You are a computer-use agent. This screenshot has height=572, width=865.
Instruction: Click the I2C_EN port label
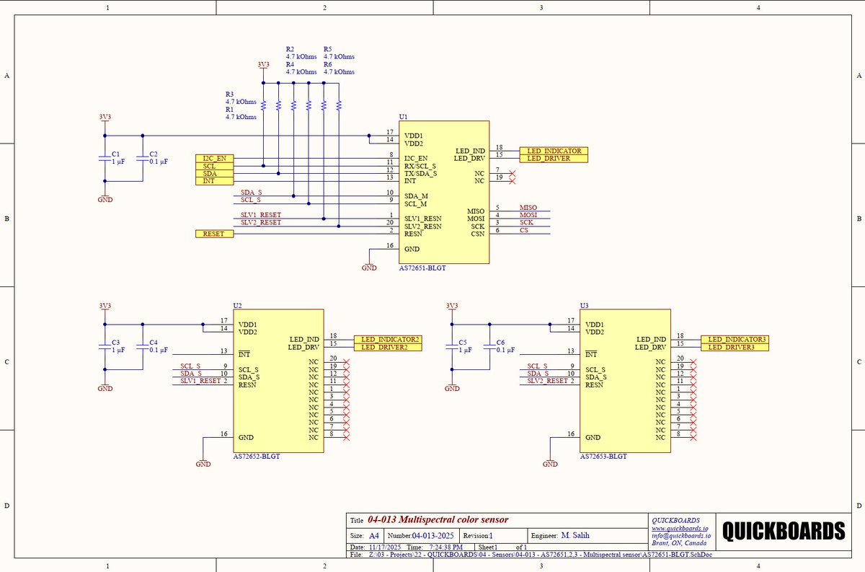(x=214, y=159)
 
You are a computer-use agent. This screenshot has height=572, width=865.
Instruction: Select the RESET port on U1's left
(x=214, y=234)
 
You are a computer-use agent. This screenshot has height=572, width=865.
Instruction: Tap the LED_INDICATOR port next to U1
(x=554, y=151)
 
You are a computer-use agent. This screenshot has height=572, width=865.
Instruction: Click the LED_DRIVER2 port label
(x=388, y=347)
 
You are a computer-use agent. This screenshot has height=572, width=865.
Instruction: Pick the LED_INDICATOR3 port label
(x=735, y=339)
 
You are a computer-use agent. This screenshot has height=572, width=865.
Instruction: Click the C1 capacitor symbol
(x=105, y=159)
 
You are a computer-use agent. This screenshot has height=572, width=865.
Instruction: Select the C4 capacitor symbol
(x=143, y=347)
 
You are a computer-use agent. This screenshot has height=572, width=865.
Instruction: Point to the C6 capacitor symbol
(x=489, y=347)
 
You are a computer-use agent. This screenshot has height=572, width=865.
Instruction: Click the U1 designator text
(x=403, y=117)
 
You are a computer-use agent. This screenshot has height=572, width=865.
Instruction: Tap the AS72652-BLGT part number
(x=257, y=457)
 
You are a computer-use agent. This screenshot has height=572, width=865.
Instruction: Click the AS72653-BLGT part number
(x=603, y=457)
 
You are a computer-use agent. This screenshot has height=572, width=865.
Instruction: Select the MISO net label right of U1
(x=528, y=208)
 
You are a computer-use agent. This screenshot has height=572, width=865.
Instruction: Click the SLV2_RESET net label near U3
(x=547, y=381)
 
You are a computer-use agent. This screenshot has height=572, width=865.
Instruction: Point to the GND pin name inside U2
(x=246, y=438)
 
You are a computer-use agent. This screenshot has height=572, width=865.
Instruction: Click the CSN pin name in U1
(x=478, y=234)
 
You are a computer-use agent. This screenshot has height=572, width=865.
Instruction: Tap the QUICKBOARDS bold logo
(x=784, y=531)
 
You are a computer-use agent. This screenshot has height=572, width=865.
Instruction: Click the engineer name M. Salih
(x=575, y=535)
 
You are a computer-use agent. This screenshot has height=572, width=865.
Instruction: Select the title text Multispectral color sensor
(x=453, y=519)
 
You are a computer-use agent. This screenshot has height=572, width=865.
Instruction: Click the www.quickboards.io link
(x=680, y=528)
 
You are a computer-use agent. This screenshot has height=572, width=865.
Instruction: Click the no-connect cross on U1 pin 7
(x=512, y=174)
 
